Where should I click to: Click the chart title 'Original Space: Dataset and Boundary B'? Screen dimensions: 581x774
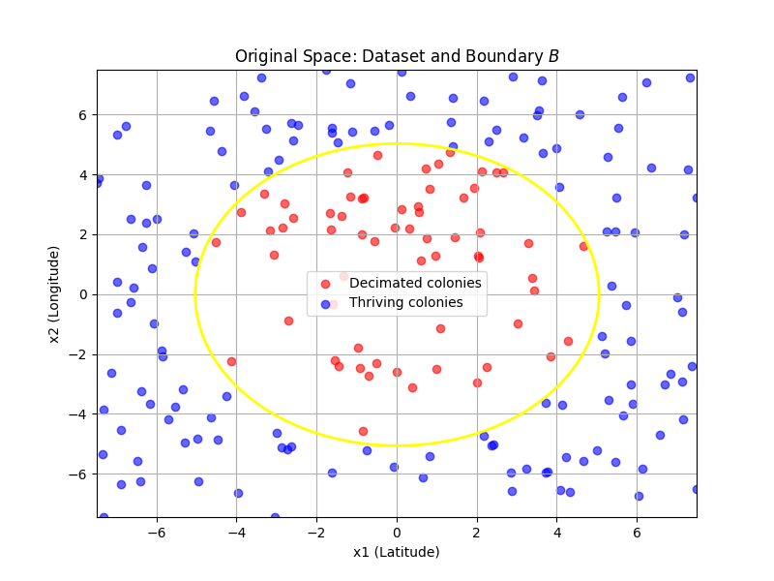coord(397,56)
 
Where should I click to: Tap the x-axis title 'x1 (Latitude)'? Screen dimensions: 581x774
coord(397,552)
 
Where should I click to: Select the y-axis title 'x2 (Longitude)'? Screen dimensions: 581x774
coord(55,294)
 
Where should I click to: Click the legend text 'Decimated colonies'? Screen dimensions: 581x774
coord(415,283)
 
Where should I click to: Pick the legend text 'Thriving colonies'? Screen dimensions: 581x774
coord(406,302)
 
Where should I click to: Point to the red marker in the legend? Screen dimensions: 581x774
coord(326,283)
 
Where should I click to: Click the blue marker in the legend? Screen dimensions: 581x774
coord(326,303)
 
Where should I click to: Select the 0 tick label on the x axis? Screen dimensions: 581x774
coord(397,532)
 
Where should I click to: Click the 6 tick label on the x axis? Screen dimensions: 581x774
coord(637,532)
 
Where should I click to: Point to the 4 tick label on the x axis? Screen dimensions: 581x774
coord(556,532)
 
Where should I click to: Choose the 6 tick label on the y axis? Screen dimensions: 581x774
coord(83,114)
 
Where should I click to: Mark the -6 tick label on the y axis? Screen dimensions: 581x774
coord(79,474)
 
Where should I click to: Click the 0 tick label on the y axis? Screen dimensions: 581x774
coord(83,294)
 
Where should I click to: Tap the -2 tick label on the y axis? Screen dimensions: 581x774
coord(79,354)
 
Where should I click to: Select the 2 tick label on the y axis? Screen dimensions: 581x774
coord(83,234)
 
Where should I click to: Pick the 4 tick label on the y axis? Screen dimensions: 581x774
coord(83,174)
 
